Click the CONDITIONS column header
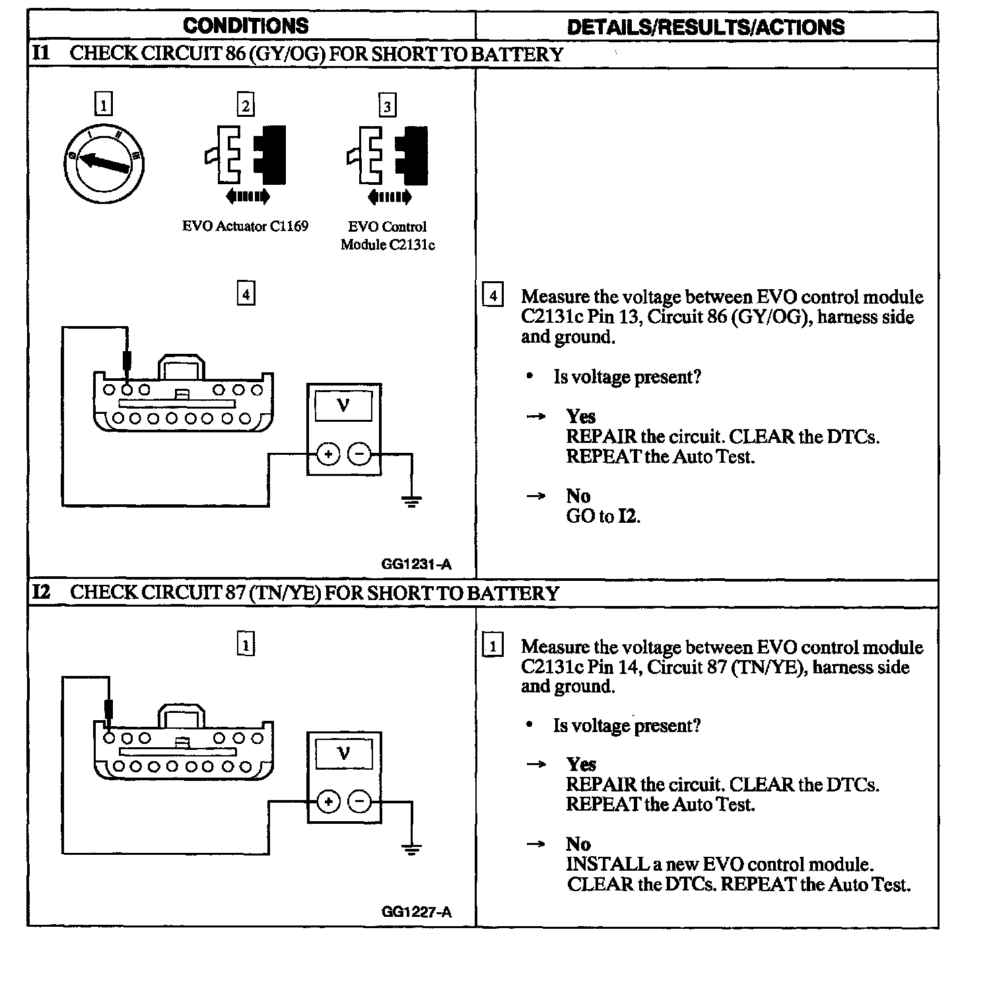246,26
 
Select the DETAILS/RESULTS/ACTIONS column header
705,27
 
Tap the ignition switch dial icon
104,163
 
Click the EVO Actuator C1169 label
245,226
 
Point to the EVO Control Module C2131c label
388,236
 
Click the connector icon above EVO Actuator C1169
246,156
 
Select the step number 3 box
388,106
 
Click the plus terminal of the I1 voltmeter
328,454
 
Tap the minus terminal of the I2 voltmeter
359,802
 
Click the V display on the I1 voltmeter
343,406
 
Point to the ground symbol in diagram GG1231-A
412,502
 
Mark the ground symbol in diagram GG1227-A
412,850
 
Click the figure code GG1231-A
417,564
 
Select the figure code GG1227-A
417,912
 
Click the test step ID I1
41,53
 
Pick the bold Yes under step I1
581,417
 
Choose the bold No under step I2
578,844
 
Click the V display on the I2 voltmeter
343,754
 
